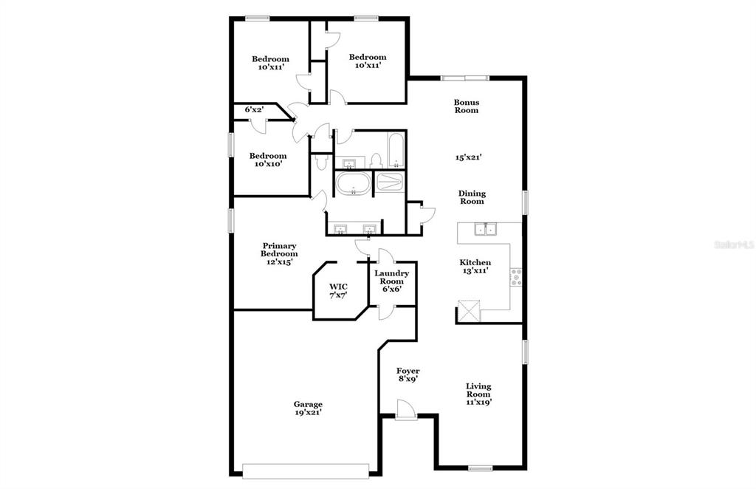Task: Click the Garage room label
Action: click(308, 404)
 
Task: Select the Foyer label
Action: click(408, 371)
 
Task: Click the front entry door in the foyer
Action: click(405, 410)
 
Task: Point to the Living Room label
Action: click(478, 390)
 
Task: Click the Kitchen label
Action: click(475, 262)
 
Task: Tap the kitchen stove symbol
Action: click(516, 278)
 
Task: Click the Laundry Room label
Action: click(391, 277)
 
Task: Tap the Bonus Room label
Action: click(467, 106)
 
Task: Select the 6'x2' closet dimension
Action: click(254, 110)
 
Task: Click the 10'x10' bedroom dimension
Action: click(267, 164)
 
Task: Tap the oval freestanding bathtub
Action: click(353, 184)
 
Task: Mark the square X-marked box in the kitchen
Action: click(470, 311)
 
